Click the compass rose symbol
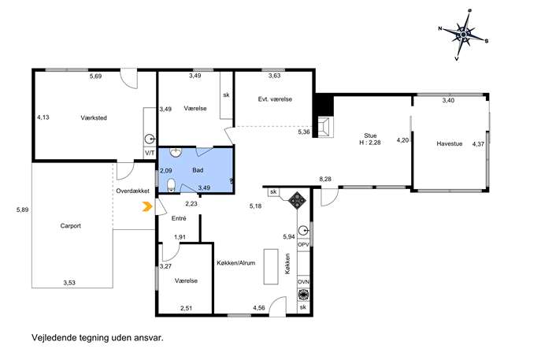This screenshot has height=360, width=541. (464, 35)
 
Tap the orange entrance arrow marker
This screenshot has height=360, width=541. (147, 206)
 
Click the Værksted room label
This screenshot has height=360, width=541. (94, 117)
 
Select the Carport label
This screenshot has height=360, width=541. (70, 226)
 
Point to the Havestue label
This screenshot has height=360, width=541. (449, 143)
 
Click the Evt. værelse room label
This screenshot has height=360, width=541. (275, 99)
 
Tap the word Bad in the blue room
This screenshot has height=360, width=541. (198, 170)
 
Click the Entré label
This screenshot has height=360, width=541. (179, 218)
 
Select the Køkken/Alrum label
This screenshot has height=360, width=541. (236, 262)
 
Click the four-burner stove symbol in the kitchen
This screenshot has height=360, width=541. (297, 200)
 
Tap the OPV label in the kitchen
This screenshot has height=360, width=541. (303, 244)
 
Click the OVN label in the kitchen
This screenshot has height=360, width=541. (303, 282)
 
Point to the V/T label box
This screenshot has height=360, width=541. (150, 153)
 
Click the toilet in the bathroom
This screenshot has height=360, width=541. (171, 186)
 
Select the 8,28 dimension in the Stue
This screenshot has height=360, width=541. (325, 179)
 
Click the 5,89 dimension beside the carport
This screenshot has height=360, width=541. (22, 210)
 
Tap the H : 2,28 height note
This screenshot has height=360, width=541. (370, 143)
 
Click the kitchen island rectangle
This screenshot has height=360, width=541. (271, 266)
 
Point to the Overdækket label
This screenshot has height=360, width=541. (132, 191)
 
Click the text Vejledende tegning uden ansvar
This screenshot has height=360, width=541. (98, 338)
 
